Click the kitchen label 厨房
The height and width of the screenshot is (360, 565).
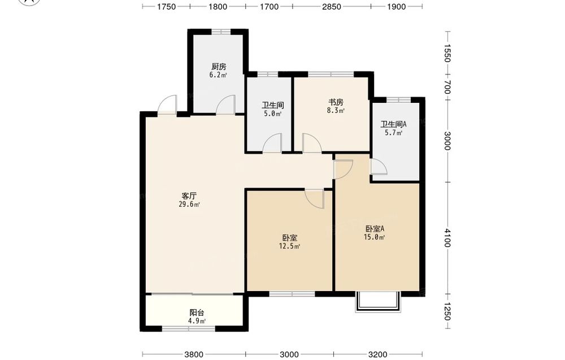(219, 67)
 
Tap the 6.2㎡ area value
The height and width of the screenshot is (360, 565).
(218, 75)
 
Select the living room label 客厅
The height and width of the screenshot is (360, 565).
(189, 196)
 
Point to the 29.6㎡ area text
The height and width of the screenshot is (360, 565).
(189, 205)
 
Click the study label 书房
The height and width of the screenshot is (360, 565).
(336, 102)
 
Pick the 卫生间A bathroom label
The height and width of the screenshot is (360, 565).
(393, 124)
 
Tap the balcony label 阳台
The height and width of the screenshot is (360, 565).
(197, 313)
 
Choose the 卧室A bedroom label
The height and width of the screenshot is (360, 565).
(375, 228)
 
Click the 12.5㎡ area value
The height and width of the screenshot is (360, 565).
(290, 246)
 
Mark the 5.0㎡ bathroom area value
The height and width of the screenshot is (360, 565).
(273, 114)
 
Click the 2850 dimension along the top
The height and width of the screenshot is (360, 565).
(332, 6)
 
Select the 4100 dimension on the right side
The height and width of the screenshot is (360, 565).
(447, 238)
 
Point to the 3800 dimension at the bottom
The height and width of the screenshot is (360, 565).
(194, 354)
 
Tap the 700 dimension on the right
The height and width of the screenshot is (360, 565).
(447, 87)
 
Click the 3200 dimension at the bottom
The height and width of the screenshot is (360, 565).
(377, 354)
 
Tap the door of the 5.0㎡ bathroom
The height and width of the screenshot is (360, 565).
(272, 143)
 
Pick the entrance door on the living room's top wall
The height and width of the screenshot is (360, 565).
(168, 105)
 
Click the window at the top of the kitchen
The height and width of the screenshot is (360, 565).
(221, 32)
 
